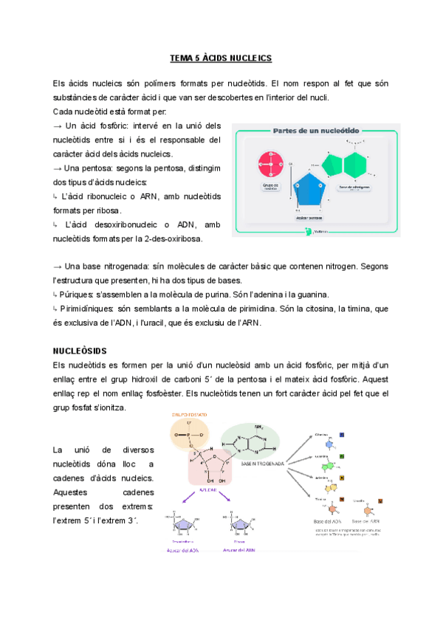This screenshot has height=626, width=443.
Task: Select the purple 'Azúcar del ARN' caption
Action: pyautogui.click(x=238, y=548)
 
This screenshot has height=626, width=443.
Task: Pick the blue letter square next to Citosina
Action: pyautogui.click(x=341, y=435)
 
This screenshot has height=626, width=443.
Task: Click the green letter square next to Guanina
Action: pyautogui.click(x=341, y=457)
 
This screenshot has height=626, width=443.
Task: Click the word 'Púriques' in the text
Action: pyautogui.click(x=78, y=295)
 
